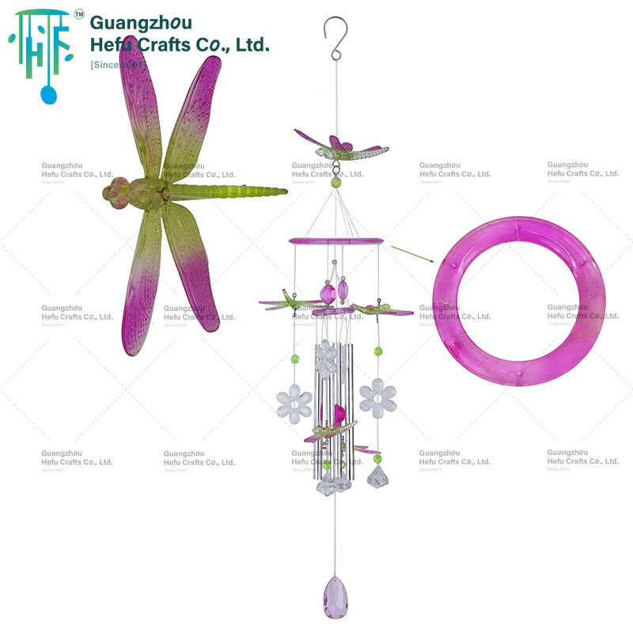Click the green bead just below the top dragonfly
coord(337,182)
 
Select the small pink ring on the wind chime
coord(335,241)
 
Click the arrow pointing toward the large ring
coord(412,253)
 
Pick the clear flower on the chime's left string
coord(294,404)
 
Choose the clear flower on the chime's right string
coord(377,398)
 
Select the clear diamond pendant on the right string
coord(377,476)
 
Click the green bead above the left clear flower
coord(295,358)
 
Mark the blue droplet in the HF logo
coord(48,94)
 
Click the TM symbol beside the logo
coord(78,14)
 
